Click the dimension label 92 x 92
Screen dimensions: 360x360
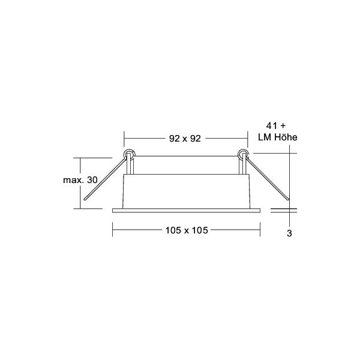[185, 139]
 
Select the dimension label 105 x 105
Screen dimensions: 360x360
[187, 230]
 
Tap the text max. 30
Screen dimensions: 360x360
[80, 180]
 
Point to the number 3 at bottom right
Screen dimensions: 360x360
[289, 233]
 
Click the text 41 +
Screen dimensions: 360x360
[276, 125]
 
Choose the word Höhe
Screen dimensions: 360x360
[286, 137]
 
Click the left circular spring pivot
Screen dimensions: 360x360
[129, 154]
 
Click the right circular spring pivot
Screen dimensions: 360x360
[243, 154]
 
